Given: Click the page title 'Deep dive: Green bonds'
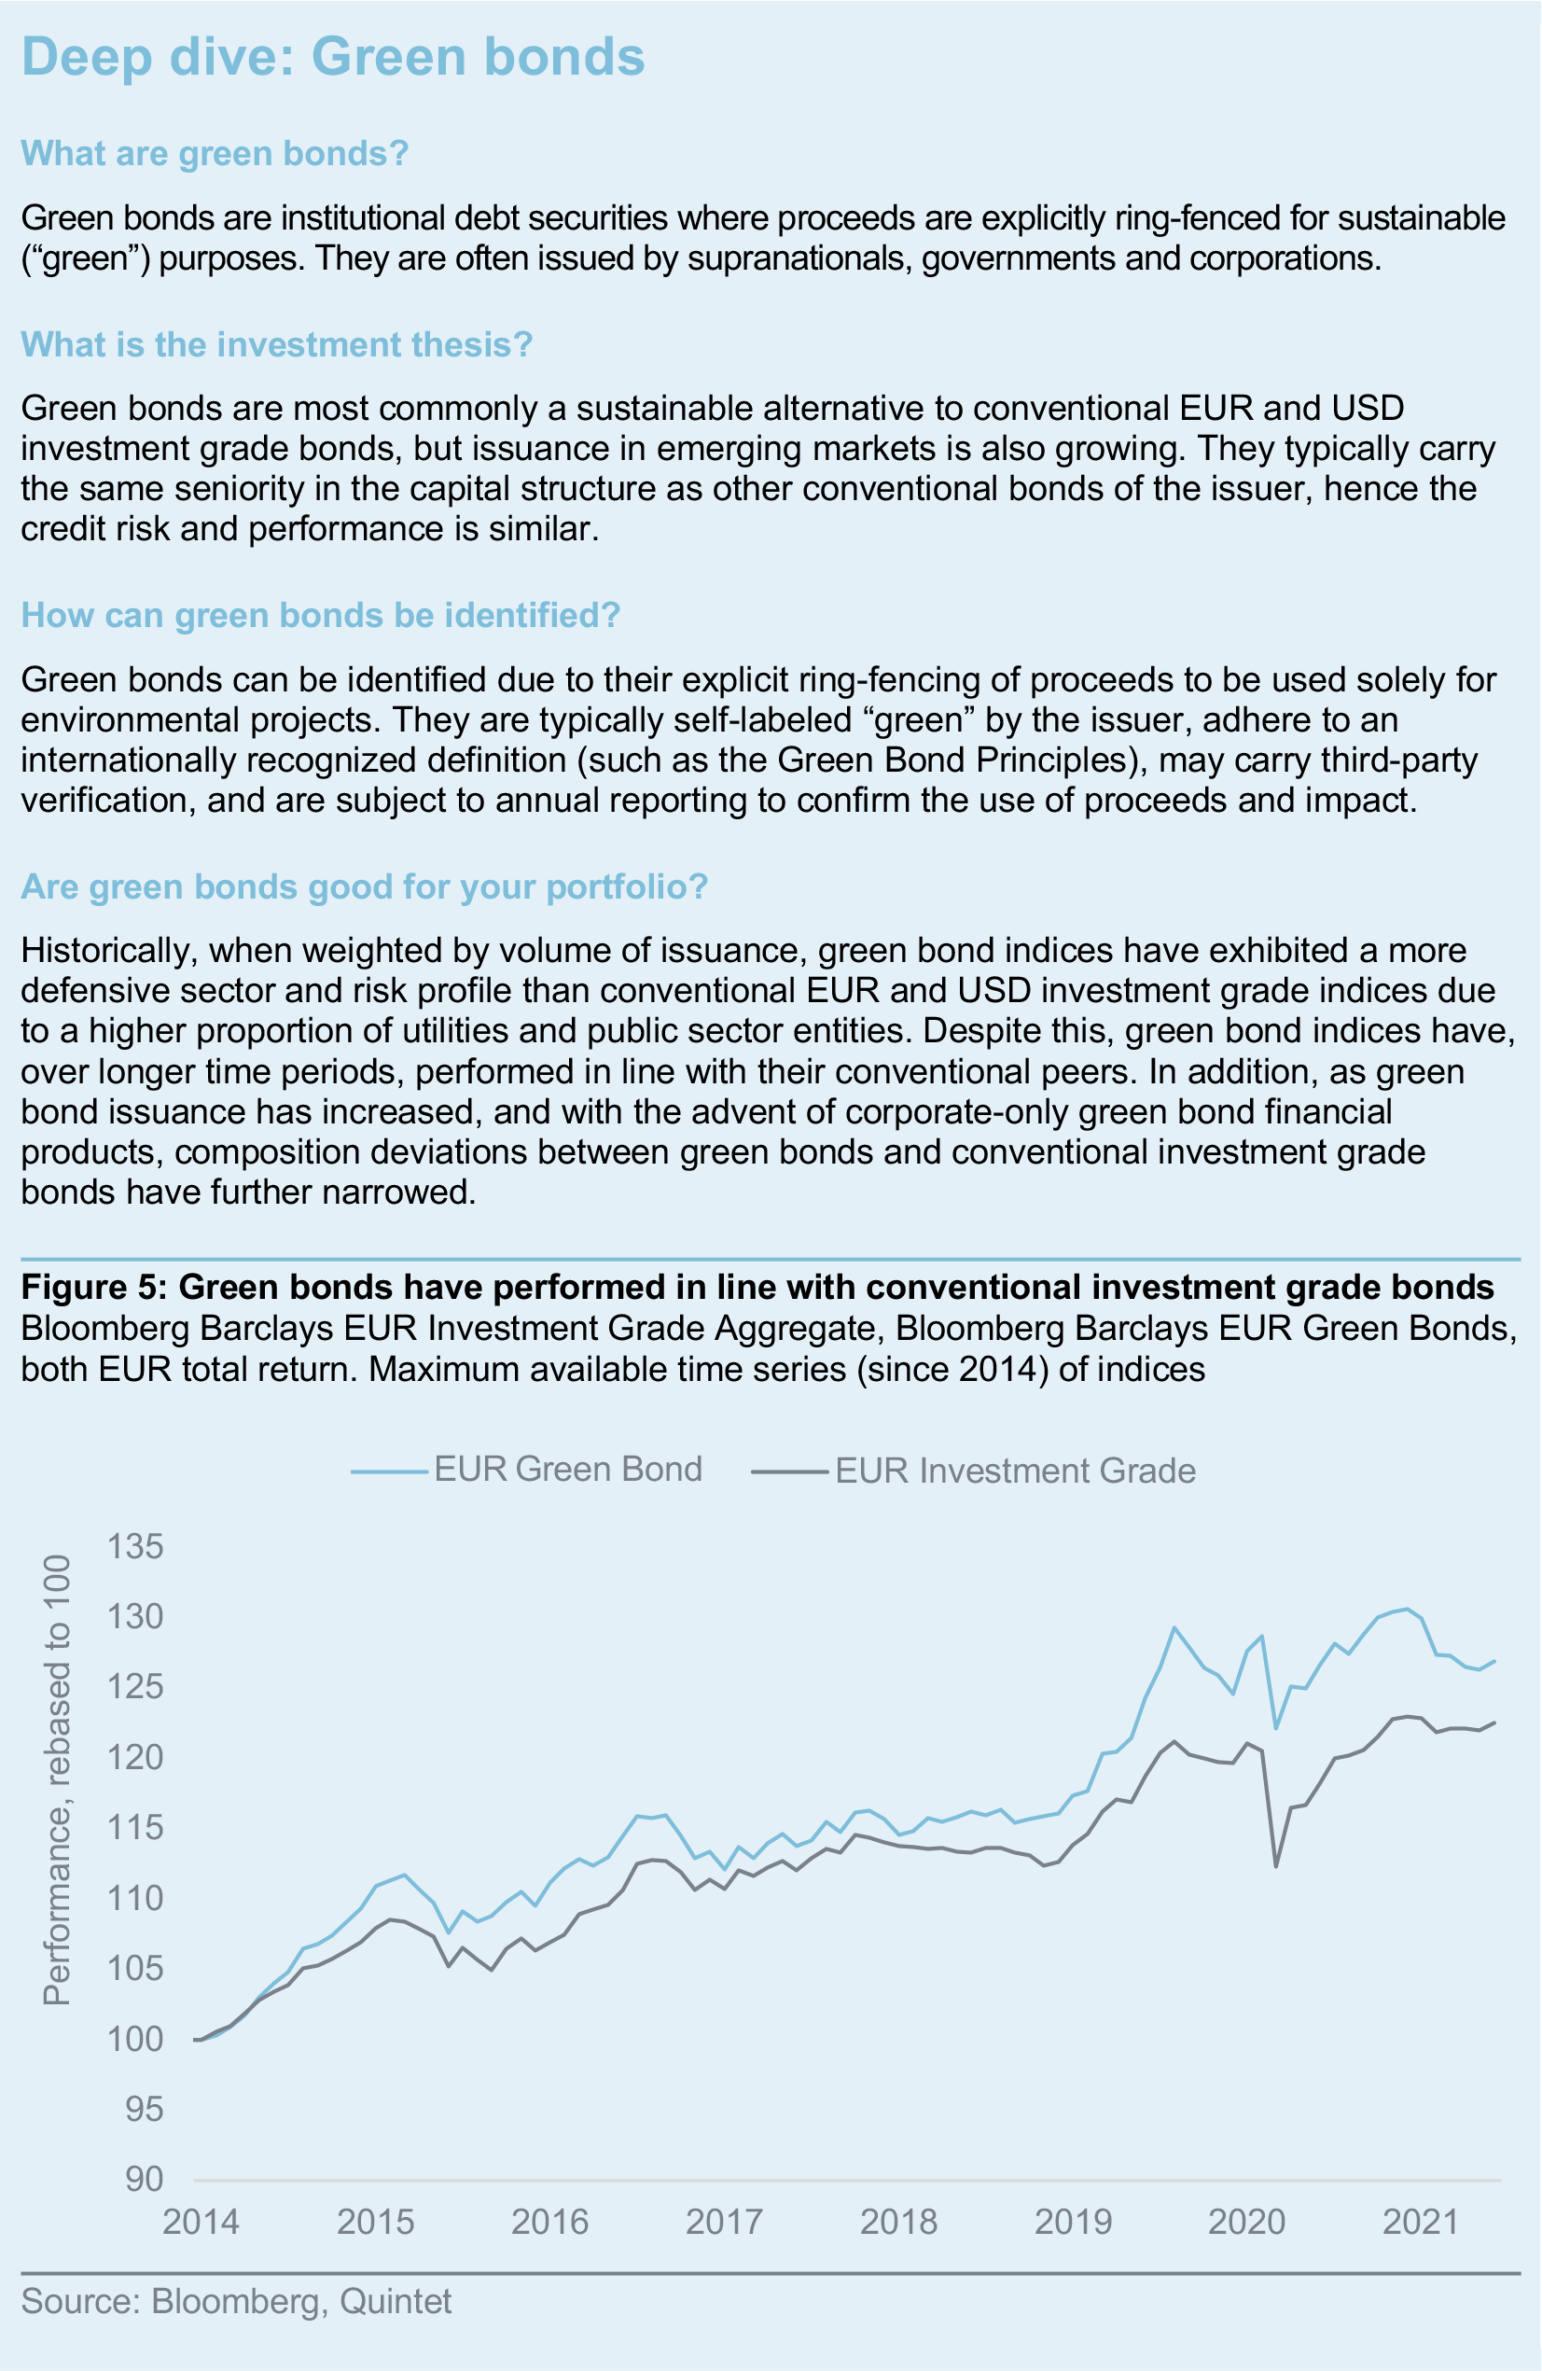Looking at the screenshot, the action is (x=333, y=57).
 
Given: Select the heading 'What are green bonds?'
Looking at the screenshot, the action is (x=215, y=153).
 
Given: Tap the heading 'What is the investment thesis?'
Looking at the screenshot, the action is (x=277, y=344).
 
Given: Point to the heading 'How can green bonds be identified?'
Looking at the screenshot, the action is (x=321, y=616).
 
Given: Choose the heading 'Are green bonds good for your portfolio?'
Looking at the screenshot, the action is (x=365, y=886).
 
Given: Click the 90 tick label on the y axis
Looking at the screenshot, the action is (x=145, y=2180).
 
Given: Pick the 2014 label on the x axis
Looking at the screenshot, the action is (x=201, y=2223).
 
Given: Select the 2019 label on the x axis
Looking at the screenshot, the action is (x=1073, y=2223).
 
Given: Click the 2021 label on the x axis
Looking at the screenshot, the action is (x=1421, y=2223).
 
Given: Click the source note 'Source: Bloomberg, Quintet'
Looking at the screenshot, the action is (x=236, y=2302).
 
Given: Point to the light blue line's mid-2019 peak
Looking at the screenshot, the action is (x=1174, y=1628).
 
